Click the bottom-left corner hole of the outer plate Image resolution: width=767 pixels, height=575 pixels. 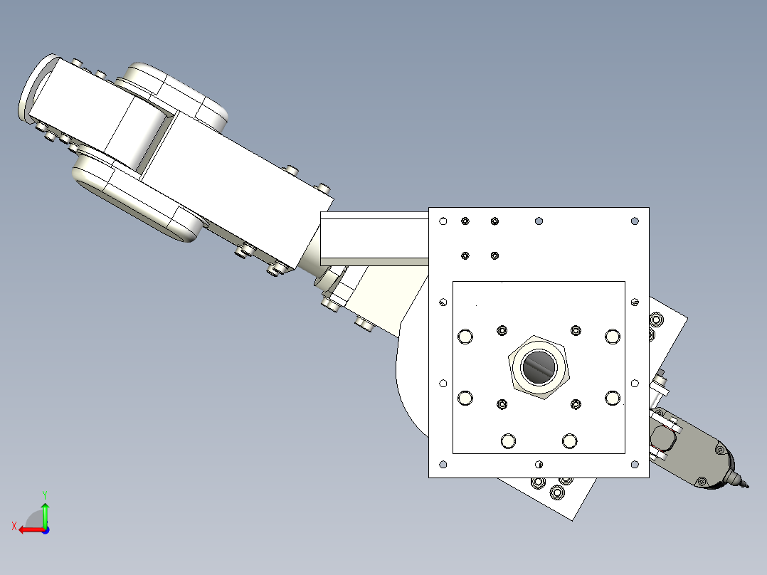[x=443, y=465]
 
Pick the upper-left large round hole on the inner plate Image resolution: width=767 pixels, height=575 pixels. [x=466, y=336]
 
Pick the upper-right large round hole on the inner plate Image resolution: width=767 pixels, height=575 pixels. [x=612, y=336]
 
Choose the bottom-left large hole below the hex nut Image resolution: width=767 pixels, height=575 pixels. [x=508, y=441]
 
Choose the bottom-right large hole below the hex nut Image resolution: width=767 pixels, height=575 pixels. [x=569, y=441]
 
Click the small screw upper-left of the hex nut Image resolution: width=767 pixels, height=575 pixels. [x=502, y=329]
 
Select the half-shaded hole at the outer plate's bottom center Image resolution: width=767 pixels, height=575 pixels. [x=539, y=465]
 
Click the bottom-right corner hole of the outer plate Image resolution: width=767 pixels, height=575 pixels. [x=635, y=465]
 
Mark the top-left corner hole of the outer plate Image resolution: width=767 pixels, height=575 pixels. [x=443, y=221]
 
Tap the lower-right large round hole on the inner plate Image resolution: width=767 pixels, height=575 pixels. [x=612, y=398]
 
